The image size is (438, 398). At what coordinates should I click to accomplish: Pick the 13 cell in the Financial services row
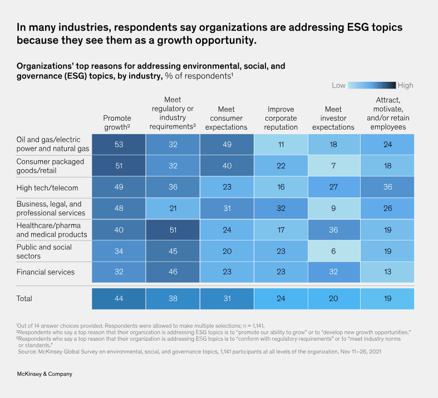387,272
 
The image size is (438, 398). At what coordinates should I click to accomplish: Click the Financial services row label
46,272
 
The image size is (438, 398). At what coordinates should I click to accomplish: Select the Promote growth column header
117,122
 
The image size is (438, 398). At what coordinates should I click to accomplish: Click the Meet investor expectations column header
333,118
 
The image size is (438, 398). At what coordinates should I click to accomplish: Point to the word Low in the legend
338,85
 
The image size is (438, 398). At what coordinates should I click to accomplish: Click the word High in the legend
405,85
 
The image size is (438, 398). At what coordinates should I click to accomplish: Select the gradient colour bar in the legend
372,85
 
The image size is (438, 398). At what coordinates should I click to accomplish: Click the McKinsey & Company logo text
45,374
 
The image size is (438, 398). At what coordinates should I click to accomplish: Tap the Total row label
24,298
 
